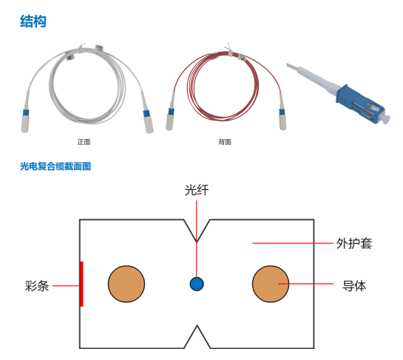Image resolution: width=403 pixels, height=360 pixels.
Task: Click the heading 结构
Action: point(33,21)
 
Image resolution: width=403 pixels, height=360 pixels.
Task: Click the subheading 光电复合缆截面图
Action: point(55,166)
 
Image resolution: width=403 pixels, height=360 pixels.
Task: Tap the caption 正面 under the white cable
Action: point(84,142)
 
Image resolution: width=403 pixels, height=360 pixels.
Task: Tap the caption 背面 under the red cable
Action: point(225,142)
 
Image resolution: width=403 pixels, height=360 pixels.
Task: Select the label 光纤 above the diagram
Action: point(197,190)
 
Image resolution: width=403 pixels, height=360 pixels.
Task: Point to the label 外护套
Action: point(354,243)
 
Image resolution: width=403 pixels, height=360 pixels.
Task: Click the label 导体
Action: point(354,285)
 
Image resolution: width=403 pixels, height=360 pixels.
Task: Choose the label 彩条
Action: point(37,286)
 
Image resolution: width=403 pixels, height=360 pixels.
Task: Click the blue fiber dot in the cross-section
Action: point(197,284)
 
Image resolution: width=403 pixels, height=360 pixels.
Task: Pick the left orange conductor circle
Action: point(126,284)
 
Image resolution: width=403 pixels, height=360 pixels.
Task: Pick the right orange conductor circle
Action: point(271,284)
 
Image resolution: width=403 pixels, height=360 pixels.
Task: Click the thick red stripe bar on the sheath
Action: point(81,284)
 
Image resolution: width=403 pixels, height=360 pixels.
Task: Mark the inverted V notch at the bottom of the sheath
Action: point(197,336)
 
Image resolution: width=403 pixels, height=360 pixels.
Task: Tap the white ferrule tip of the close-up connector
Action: point(386,118)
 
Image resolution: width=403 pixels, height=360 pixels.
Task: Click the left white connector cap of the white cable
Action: point(24,123)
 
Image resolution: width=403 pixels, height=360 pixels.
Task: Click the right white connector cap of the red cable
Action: point(282,122)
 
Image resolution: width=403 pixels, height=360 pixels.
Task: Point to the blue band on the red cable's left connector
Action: point(171,112)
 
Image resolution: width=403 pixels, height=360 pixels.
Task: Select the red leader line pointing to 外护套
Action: point(293,243)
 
